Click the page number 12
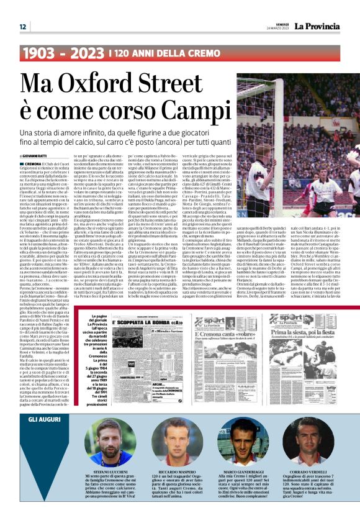(22, 27)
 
